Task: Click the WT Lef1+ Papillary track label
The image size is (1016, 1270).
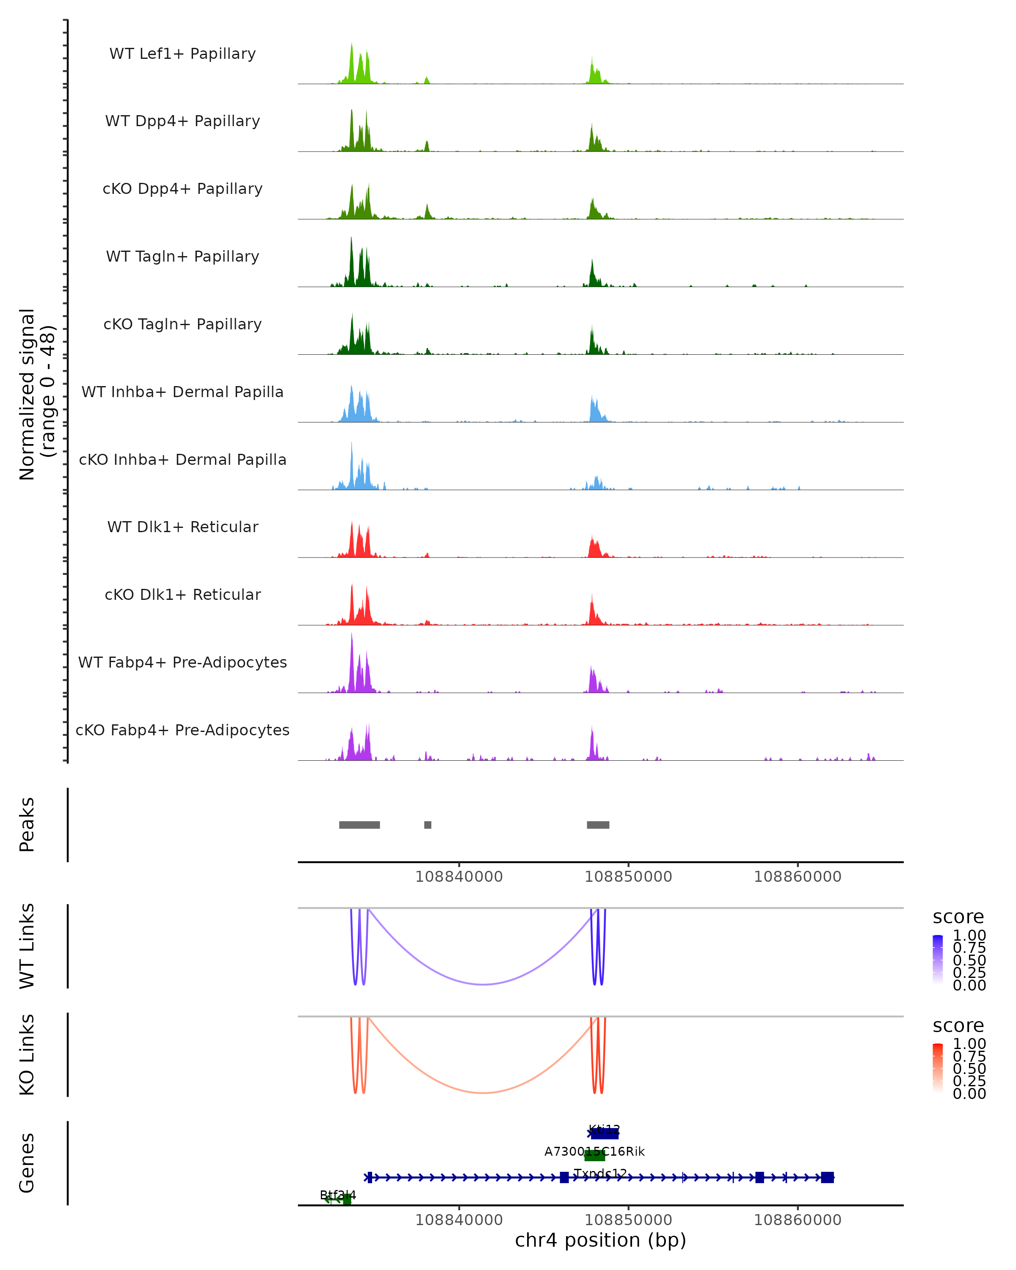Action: (182, 54)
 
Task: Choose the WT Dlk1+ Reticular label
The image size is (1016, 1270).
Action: (182, 527)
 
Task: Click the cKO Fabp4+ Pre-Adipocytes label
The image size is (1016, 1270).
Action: (182, 730)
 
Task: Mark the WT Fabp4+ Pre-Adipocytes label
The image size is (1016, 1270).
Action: (182, 662)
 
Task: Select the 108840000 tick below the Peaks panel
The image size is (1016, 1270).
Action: (459, 877)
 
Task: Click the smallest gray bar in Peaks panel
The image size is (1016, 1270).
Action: (428, 825)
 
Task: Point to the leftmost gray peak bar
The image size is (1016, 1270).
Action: (359, 825)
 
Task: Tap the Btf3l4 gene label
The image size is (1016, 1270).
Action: (337, 1195)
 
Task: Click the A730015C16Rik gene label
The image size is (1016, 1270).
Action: (594, 1151)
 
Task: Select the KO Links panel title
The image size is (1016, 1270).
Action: (27, 1055)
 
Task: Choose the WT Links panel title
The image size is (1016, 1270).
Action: (27, 946)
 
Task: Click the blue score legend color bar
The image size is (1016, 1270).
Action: (938, 959)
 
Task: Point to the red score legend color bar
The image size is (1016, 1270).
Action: (938, 1067)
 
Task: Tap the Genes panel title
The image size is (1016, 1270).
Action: (27, 1163)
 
